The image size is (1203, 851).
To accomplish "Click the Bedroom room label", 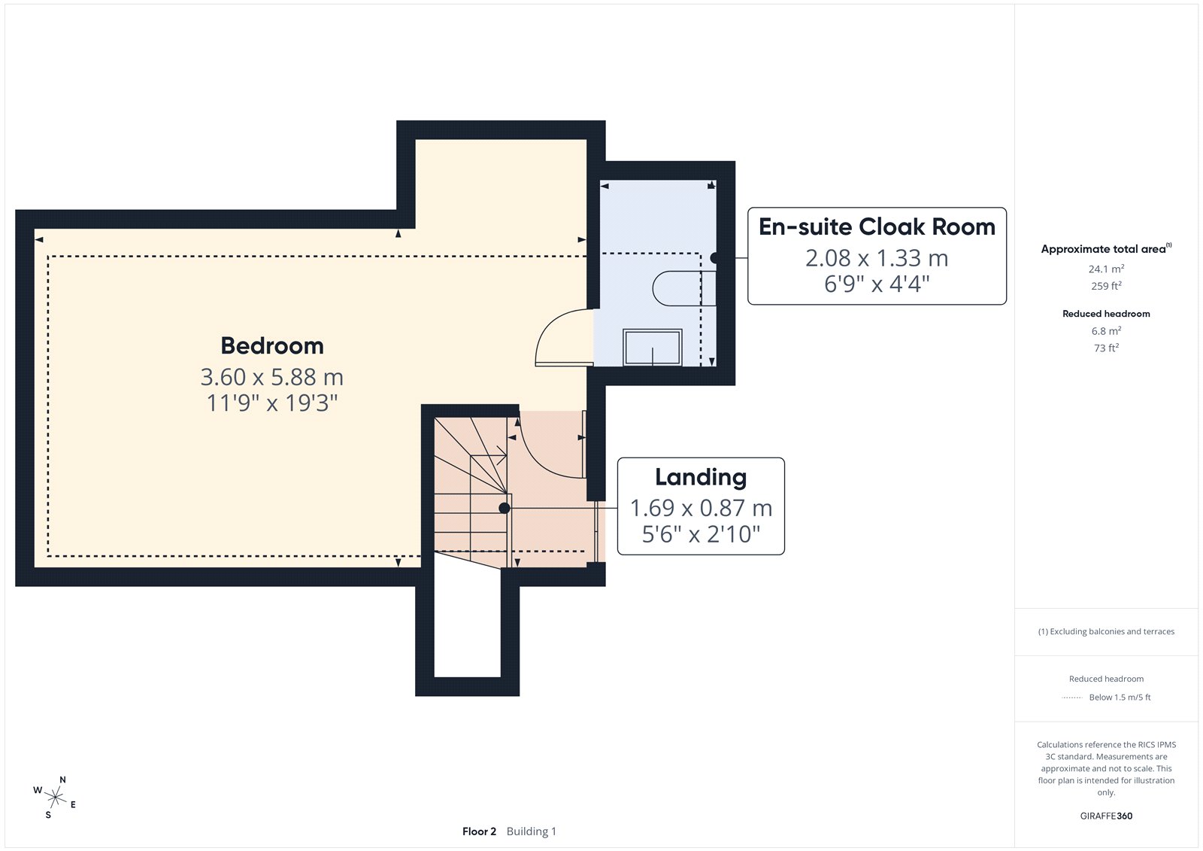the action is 272,345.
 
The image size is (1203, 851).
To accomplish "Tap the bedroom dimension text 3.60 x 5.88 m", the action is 271,377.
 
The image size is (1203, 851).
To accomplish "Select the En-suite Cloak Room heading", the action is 877,227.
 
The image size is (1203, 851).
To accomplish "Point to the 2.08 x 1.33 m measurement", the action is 877,258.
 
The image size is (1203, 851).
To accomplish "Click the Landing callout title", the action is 701,477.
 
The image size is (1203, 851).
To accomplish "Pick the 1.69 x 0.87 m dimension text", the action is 701,508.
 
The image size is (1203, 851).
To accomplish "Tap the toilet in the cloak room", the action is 684,289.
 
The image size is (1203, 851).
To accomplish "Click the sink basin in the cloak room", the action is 653,348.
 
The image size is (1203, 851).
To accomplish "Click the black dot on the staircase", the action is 505,508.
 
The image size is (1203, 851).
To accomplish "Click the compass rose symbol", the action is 56,798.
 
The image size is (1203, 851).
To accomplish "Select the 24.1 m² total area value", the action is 1106,269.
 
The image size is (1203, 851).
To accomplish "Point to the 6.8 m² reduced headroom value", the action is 1106,330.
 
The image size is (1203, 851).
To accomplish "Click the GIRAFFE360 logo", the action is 1106,816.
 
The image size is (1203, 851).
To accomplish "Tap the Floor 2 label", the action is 479,831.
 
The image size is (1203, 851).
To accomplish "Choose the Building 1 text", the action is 531,831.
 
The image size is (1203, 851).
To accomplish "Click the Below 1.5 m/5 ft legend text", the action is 1120,698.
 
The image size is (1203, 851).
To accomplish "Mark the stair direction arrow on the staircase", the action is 488,456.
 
